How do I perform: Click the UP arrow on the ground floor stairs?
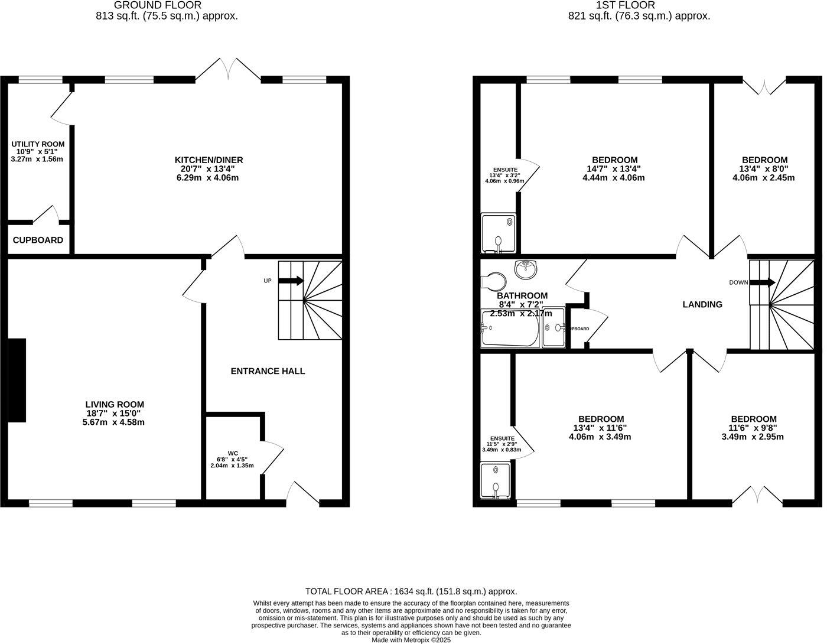pos(292,281)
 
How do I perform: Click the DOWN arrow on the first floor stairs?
pos(763,282)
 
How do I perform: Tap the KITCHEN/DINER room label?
pos(209,160)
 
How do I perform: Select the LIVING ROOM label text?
pos(115,405)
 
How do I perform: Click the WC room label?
pos(232,454)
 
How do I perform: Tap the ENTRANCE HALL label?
pos(268,371)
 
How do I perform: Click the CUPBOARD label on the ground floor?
pos(38,240)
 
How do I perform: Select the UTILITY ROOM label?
pos(38,144)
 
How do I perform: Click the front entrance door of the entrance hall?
pos(302,494)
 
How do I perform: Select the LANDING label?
pos(702,305)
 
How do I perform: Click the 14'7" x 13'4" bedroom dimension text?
pos(614,169)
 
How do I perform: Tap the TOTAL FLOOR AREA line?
pos(411,591)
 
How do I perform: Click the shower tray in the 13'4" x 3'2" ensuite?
pos(498,233)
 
